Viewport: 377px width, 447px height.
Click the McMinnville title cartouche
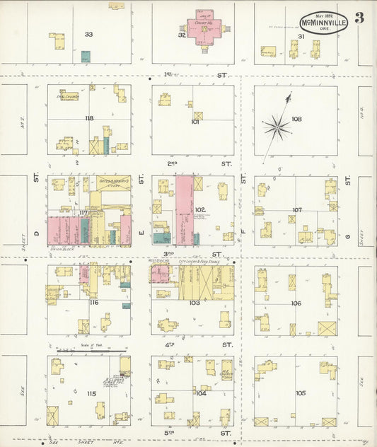tap(323, 22)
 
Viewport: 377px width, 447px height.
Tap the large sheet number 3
tap(359, 18)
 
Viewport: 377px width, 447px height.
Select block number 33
tap(88, 34)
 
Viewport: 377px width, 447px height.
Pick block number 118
tap(88, 118)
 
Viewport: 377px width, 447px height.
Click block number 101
tap(195, 122)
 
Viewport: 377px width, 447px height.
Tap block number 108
tap(296, 119)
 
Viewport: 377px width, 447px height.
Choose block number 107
tap(297, 210)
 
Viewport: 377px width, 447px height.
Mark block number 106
tap(296, 303)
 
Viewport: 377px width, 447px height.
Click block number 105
tap(301, 393)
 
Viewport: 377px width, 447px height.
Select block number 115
tap(91, 393)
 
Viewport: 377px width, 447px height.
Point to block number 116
tap(94, 303)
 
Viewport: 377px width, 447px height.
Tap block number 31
tap(301, 36)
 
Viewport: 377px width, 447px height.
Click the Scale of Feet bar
tap(92, 349)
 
